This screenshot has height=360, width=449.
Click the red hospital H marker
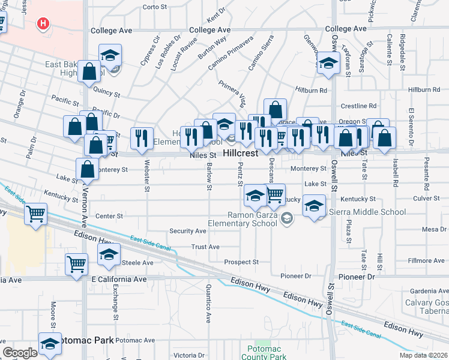(43, 24)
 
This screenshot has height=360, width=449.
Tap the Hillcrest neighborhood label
(240, 153)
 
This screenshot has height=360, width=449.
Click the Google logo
(20, 353)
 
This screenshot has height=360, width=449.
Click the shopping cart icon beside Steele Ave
(76, 263)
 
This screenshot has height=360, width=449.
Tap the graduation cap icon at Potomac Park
(50, 343)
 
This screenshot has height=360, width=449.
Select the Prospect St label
(241, 262)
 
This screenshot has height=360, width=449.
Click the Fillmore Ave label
(426, 260)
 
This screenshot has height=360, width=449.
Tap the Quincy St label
(107, 94)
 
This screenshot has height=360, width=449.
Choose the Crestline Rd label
(358, 106)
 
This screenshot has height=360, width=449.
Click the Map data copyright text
(423, 355)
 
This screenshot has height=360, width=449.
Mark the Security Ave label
(188, 231)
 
